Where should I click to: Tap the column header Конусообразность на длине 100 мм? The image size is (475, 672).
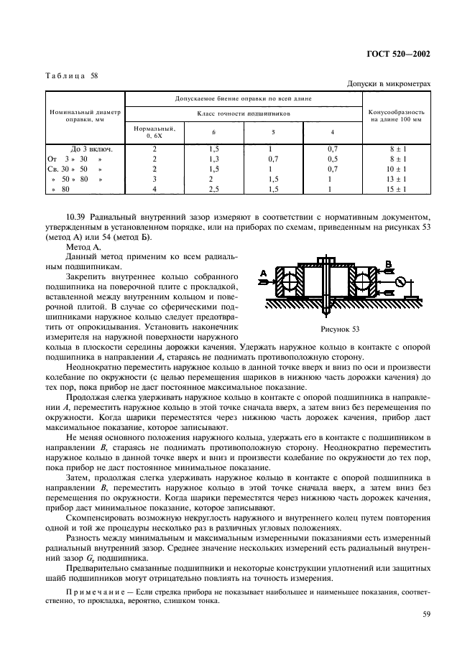coord(397,116)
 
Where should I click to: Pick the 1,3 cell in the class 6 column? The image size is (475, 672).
coord(213,158)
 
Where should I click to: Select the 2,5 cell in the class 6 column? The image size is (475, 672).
coord(213,188)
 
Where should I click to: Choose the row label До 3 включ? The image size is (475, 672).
coord(85,148)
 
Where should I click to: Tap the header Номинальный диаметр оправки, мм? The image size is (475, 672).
coord(85,116)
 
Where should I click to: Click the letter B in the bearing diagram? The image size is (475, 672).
coord(389,263)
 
